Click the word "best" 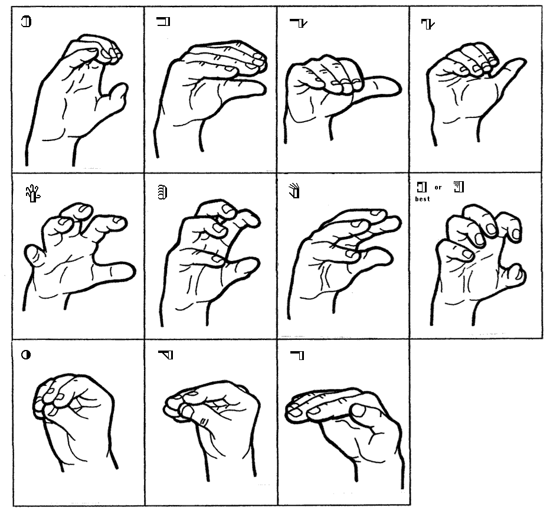tap(423, 199)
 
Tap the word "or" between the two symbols tap(438, 187)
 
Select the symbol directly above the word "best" tap(422, 187)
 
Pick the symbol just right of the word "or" tap(459, 186)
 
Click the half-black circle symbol tap(26, 355)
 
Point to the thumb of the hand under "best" tap(515, 275)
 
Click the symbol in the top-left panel tap(27, 21)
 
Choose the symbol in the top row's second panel tap(163, 21)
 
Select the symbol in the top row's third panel tap(299, 23)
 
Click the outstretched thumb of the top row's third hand tap(381, 86)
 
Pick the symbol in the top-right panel tap(428, 24)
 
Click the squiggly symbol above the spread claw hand tap(33, 193)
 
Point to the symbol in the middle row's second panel tap(162, 192)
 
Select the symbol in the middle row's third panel tap(294, 191)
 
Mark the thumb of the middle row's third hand tap(372, 258)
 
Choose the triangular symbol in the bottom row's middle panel tap(166, 355)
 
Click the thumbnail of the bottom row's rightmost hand tap(358, 410)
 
